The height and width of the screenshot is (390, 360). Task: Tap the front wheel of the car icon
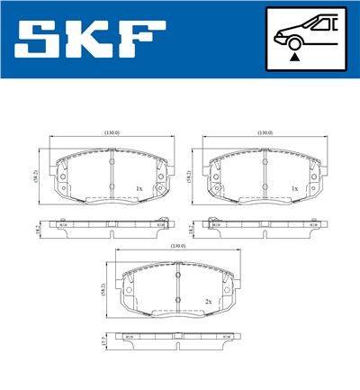point(294,41)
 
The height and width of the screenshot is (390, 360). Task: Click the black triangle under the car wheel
point(294,58)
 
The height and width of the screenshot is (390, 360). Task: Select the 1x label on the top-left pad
point(138,188)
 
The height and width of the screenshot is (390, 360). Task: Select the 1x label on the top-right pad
point(293,188)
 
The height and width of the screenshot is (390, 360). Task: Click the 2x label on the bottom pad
point(208,302)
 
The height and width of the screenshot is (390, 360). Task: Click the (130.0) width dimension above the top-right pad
point(265,132)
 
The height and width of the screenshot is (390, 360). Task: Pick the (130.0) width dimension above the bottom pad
point(178,246)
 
